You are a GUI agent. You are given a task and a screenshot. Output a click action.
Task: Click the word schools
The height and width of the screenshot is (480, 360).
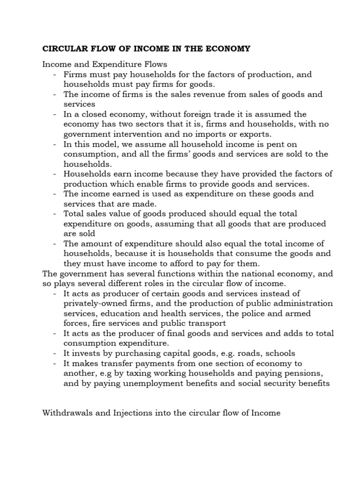(x=279, y=353)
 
